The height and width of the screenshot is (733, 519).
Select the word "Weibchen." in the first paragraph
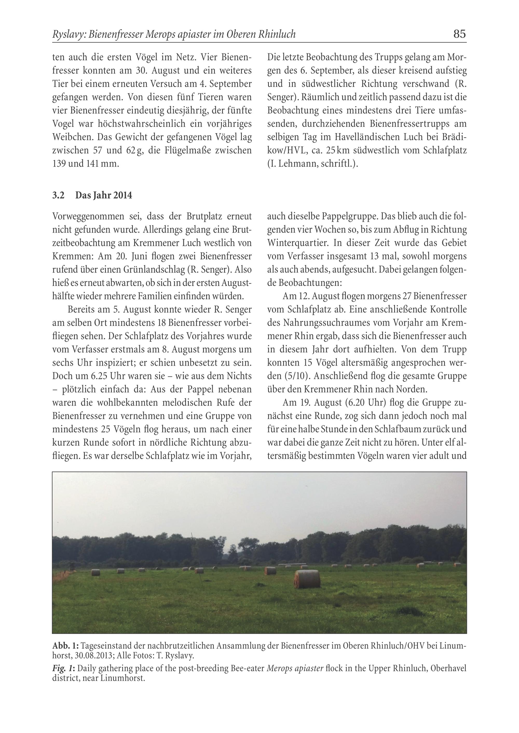tap(73, 137)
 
